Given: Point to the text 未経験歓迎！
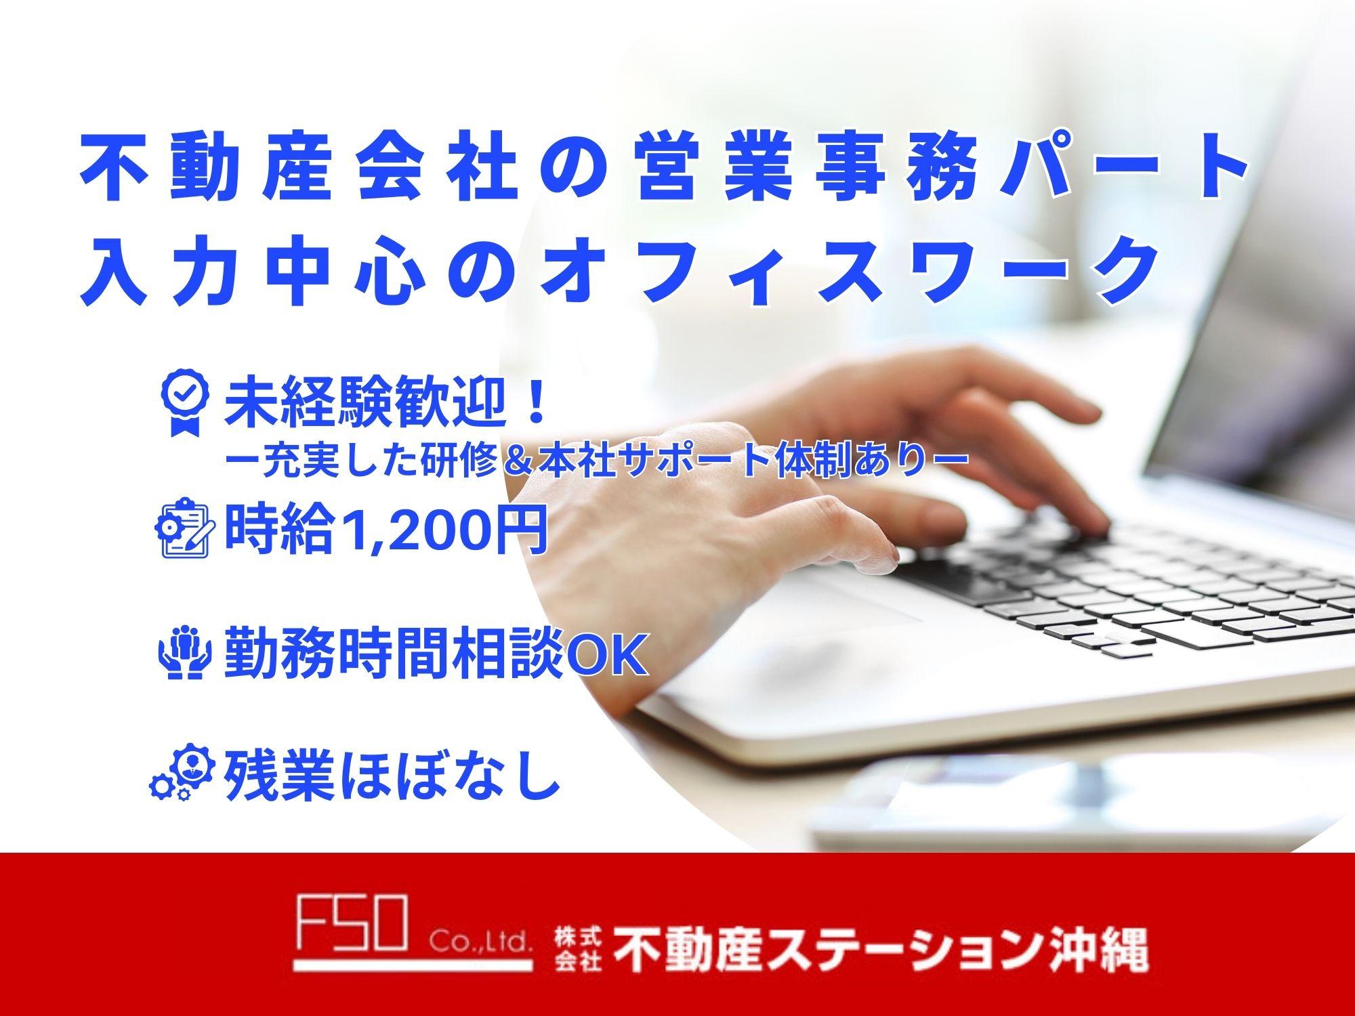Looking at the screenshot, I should (x=386, y=405).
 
